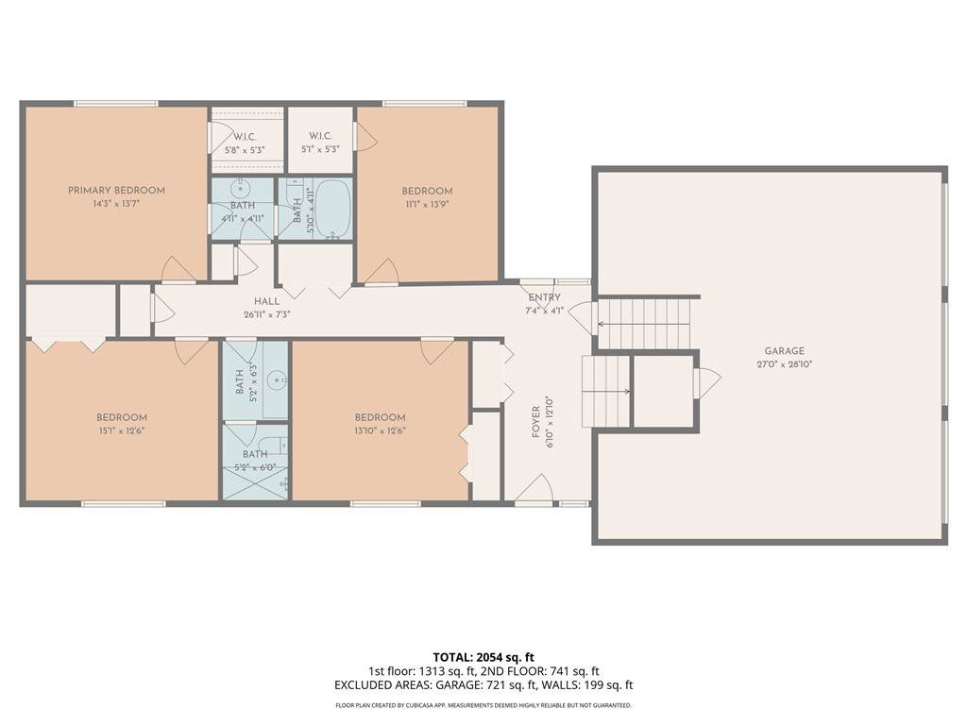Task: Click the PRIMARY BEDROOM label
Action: point(116,191)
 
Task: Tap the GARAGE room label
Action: point(785,351)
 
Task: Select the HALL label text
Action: point(266,301)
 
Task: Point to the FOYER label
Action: point(536,422)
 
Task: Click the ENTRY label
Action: point(545,297)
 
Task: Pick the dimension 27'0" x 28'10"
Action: point(785,364)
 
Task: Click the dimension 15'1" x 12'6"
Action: point(122,430)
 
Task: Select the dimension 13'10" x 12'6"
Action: point(380,430)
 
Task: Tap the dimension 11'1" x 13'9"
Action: point(427,204)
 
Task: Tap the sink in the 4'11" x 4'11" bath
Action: point(238,188)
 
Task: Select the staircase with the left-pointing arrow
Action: point(643,324)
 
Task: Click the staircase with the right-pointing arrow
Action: point(606,391)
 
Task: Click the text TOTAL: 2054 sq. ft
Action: point(483,657)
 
